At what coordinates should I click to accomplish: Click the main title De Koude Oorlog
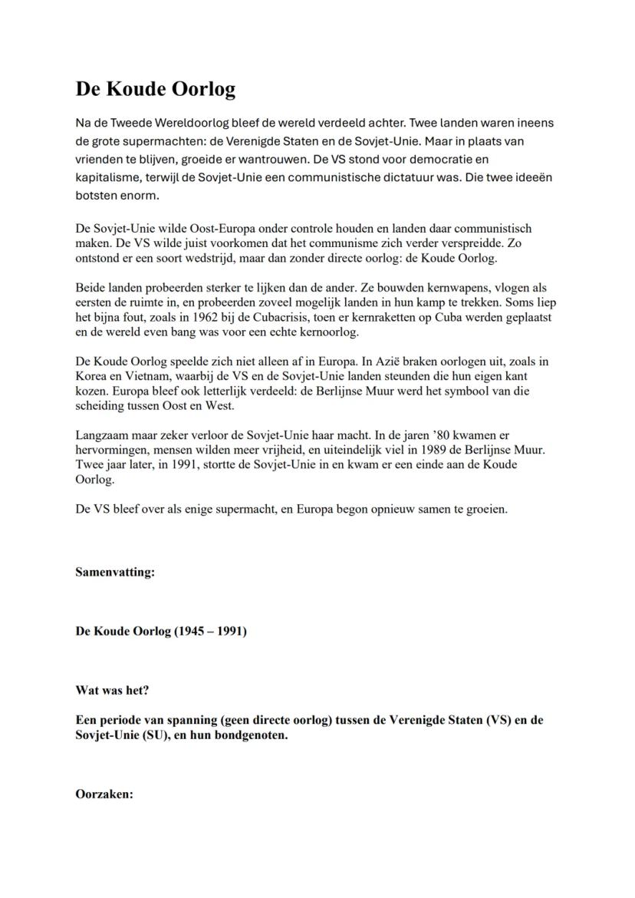point(155,89)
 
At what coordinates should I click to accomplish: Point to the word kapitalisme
point(107,177)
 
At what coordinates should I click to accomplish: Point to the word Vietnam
point(157,376)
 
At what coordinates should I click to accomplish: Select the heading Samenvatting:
point(115,573)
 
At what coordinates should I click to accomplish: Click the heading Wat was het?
point(112,690)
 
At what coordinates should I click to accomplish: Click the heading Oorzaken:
point(104,794)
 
